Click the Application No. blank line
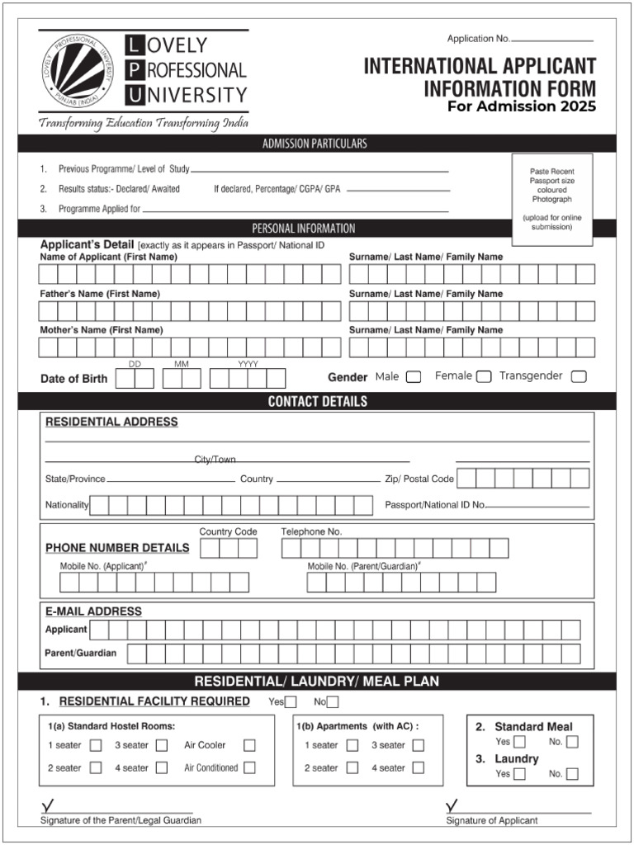click(552, 40)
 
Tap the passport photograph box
click(551, 200)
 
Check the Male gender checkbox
click(414, 377)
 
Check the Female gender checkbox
click(484, 377)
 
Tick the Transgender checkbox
click(579, 377)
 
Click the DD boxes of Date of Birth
click(135, 379)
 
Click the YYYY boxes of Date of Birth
click(248, 379)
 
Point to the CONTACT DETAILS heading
click(317, 402)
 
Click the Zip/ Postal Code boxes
click(523, 479)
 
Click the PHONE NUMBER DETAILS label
click(117, 548)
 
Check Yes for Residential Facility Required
click(291, 702)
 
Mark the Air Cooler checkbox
click(249, 745)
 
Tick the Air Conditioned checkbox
click(249, 767)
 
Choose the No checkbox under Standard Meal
click(572, 742)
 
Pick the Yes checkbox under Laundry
click(519, 774)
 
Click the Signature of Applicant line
click(518, 811)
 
